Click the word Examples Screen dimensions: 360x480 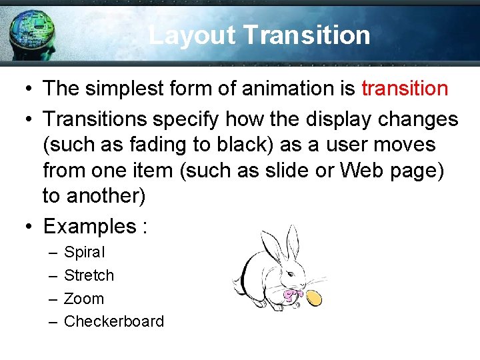coord(89,227)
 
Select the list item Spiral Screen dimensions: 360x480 coord(84,253)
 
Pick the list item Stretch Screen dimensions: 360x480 coord(89,275)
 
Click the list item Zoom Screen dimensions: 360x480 coord(84,299)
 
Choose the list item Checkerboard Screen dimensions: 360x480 coord(113,321)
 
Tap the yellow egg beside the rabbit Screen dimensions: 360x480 coord(315,298)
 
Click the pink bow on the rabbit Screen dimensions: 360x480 coord(291,293)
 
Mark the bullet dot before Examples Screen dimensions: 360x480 coord(29,227)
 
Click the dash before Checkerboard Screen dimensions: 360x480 coord(53,321)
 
